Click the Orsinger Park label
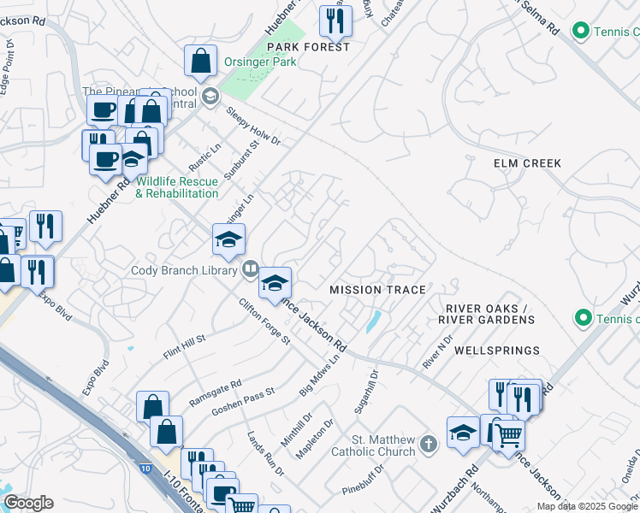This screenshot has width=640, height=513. point(260,62)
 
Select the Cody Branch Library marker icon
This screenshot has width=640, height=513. point(250,268)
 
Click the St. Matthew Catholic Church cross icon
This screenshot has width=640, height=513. point(429,445)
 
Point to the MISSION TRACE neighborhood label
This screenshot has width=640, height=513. point(377,290)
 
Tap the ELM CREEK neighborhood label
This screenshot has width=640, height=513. point(527,162)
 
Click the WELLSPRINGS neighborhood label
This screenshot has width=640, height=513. point(497,351)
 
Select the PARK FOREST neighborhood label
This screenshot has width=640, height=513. point(308,47)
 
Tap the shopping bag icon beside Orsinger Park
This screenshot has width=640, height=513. point(200,62)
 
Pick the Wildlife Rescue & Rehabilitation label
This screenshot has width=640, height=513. point(177,187)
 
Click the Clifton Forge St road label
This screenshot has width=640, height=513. point(264,321)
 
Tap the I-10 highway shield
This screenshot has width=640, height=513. point(145,468)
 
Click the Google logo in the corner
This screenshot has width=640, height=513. point(28,503)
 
